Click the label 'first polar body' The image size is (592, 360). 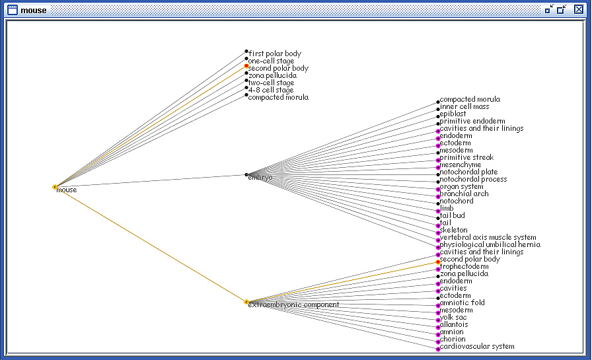(275, 54)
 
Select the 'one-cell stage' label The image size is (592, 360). (271, 61)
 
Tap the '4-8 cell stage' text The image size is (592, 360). (271, 90)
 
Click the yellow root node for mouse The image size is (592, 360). (55, 187)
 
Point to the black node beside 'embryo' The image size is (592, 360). (246, 175)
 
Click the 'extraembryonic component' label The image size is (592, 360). (294, 305)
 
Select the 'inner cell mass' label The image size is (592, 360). (464, 106)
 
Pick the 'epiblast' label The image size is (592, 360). (453, 114)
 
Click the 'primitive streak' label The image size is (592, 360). (466, 157)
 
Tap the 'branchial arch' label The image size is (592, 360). (464, 194)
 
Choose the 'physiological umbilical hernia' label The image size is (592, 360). (490, 244)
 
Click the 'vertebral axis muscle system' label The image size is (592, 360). (488, 237)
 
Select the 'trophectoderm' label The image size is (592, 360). (464, 266)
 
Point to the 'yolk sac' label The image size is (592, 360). (453, 317)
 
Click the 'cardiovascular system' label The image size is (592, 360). (477, 346)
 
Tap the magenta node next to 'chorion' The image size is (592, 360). (438, 342)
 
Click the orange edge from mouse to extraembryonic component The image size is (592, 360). (151, 244)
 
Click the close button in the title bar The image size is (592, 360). (578, 9)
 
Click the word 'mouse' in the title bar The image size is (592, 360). (34, 10)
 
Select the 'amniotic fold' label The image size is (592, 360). (462, 303)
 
